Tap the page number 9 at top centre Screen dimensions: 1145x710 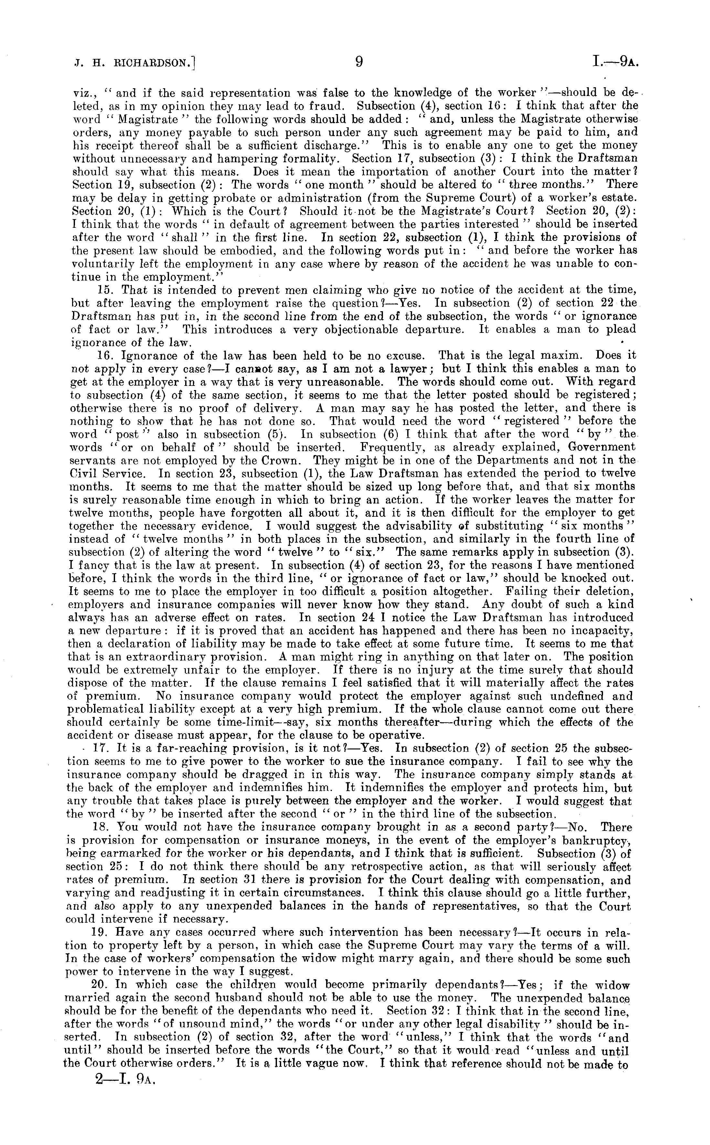358,62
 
